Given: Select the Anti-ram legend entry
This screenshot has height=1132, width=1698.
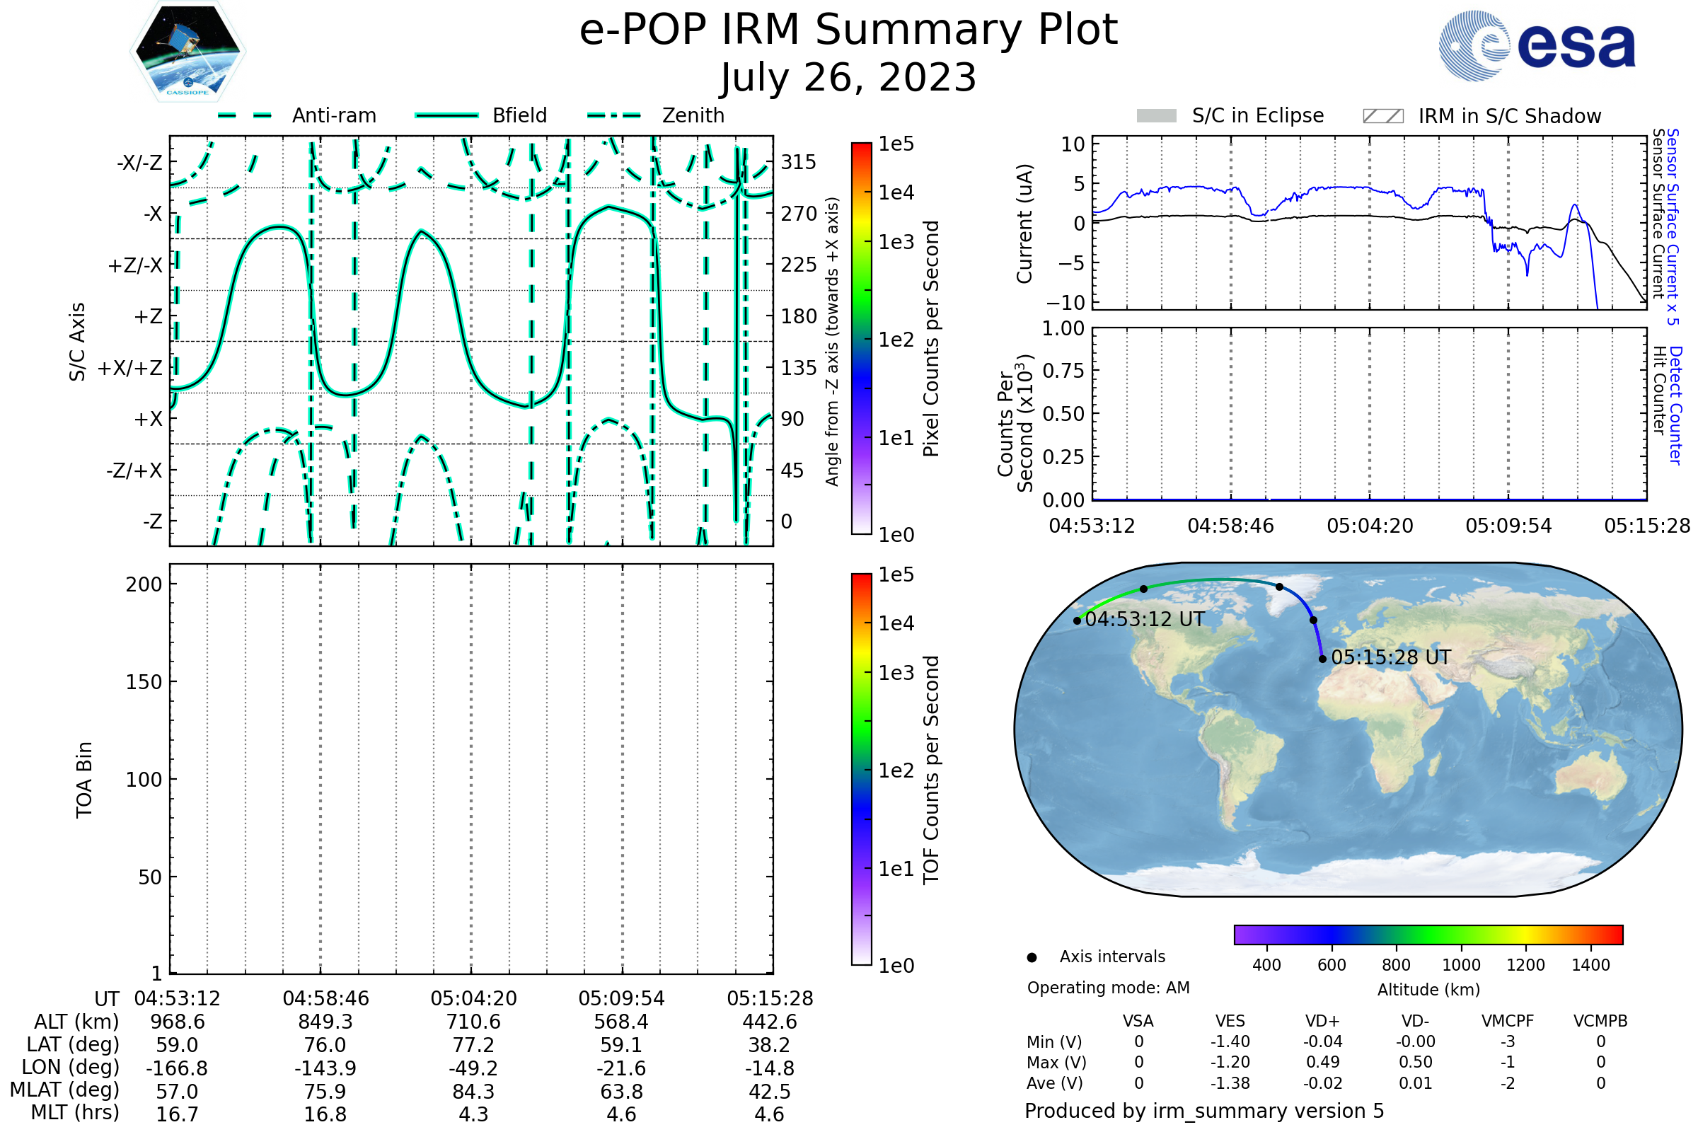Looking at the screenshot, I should [x=296, y=115].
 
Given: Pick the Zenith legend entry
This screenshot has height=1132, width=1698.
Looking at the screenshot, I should [x=656, y=115].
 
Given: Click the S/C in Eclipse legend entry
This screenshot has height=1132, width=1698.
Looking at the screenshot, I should [x=1230, y=115].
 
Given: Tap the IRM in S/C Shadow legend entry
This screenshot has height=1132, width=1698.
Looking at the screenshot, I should [x=1482, y=115].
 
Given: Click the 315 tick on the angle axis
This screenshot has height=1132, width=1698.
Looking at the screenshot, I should [x=799, y=162].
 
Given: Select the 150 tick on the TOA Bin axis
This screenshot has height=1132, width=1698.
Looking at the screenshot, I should [x=144, y=682].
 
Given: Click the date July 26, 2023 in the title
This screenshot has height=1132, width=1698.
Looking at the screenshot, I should [x=848, y=77].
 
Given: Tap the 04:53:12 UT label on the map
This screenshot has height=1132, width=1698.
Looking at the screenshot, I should [x=1145, y=620].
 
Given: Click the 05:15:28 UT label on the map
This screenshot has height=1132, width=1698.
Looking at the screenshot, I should [x=1391, y=658].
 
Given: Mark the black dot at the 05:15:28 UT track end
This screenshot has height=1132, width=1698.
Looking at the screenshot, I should [x=1322, y=659].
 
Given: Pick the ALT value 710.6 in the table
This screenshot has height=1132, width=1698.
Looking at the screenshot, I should [x=473, y=1022].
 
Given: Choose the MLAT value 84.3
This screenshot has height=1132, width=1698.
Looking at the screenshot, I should [x=473, y=1092].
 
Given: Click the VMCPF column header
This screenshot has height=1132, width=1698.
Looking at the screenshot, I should [x=1508, y=1021].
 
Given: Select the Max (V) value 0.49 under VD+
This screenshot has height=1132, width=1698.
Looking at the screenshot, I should [x=1322, y=1062].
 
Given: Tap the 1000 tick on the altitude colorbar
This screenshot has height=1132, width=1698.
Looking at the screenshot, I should [x=1461, y=965].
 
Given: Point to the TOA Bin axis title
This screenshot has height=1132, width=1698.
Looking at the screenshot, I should [x=83, y=780].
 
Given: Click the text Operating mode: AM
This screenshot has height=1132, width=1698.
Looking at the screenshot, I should [x=1108, y=988].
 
